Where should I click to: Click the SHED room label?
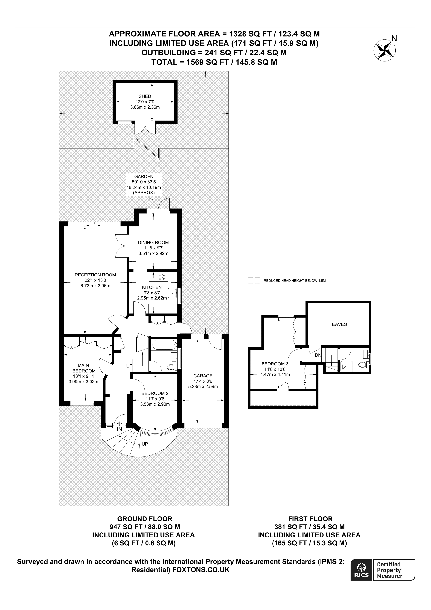[x=145, y=96]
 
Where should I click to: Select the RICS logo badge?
[x=361, y=573]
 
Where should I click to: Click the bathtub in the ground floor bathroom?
[x=164, y=345]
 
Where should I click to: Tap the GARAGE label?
[x=203, y=376]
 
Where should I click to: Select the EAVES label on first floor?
[x=339, y=324]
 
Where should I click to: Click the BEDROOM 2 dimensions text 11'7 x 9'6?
[x=155, y=399]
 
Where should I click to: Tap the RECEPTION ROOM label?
[x=95, y=275]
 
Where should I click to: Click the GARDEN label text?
[x=144, y=176]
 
